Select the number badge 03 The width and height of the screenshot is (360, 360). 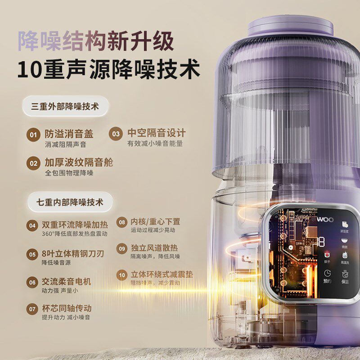(x=117, y=134)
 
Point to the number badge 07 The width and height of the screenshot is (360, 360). (x=32, y=310)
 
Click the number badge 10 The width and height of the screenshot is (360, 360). (x=122, y=275)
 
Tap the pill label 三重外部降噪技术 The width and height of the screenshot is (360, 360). (x=65, y=107)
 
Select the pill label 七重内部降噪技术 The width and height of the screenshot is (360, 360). (x=69, y=202)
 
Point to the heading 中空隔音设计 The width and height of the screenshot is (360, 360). (x=156, y=133)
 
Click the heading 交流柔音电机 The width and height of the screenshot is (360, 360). (x=66, y=282)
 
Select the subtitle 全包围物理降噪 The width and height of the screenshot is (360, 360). (x=69, y=173)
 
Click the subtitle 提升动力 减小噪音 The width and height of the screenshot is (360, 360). (x=66, y=318)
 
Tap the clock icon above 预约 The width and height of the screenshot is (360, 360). (x=328, y=274)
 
